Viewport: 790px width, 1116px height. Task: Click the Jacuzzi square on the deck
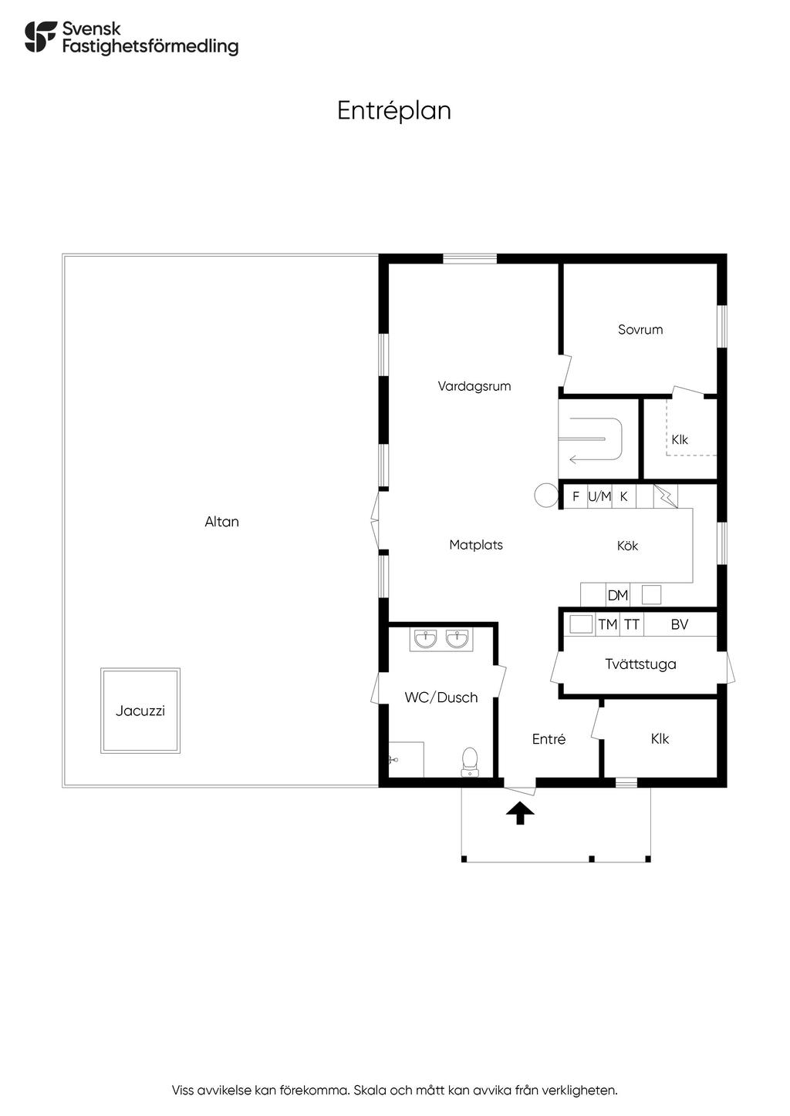[x=140, y=710]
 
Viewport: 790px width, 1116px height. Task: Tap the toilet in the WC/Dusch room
[x=469, y=761]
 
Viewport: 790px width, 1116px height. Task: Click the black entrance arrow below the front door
[x=520, y=812]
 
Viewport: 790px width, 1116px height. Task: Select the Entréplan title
[x=394, y=110]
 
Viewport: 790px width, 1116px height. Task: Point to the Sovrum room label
[x=640, y=329]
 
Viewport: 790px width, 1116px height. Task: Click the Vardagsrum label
[x=474, y=386]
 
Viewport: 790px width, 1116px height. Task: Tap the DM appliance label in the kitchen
[x=618, y=595]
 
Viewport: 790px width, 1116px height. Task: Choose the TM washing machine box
[x=608, y=624]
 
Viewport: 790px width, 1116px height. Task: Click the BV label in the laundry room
[x=679, y=624]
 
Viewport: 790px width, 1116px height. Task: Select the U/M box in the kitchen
[x=599, y=496]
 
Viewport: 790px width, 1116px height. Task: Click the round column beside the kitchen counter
[x=546, y=496]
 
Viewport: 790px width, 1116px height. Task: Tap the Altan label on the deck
[x=221, y=522]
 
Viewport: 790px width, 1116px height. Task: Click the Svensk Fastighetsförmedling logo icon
[x=41, y=37]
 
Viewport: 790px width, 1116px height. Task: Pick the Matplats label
[x=476, y=545]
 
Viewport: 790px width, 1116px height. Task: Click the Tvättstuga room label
[x=640, y=664]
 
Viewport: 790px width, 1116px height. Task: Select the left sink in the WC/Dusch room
[x=425, y=639]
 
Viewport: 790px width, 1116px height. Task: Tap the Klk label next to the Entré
[x=660, y=738]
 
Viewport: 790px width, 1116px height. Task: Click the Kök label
[x=627, y=546]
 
